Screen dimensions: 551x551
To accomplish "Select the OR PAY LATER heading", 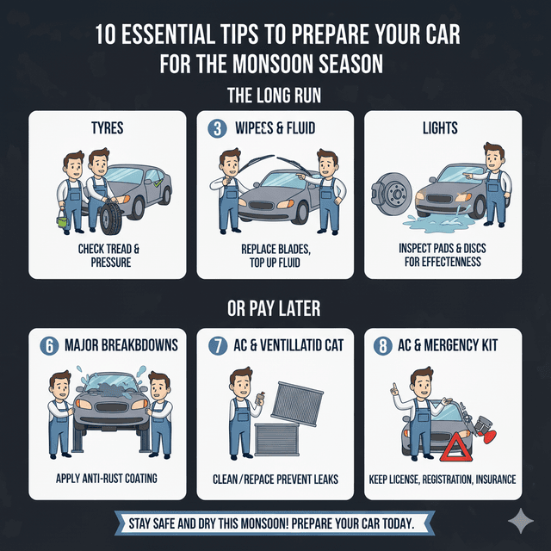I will point(275,307).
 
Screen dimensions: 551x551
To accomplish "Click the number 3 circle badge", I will point(217,129).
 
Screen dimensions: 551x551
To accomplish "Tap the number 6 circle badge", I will point(50,345).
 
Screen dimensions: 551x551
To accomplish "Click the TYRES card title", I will point(108,129).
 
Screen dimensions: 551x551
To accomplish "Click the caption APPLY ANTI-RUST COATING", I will point(108,478).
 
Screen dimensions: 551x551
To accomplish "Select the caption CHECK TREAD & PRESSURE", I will point(108,255).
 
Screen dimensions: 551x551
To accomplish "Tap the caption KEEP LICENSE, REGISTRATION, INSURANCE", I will point(443,478).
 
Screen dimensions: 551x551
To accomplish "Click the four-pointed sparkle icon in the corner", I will point(521,522).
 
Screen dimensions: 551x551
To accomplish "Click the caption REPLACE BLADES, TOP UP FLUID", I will point(275,255).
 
